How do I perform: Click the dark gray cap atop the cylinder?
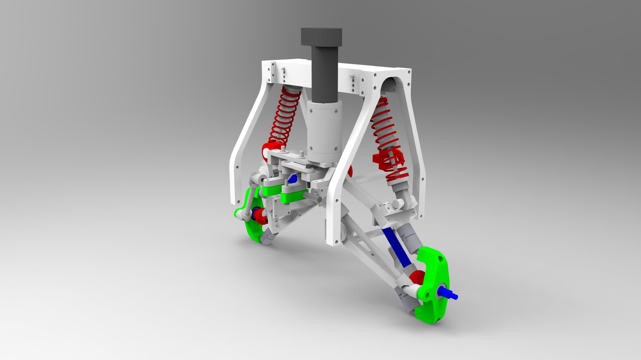tap(321, 37)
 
